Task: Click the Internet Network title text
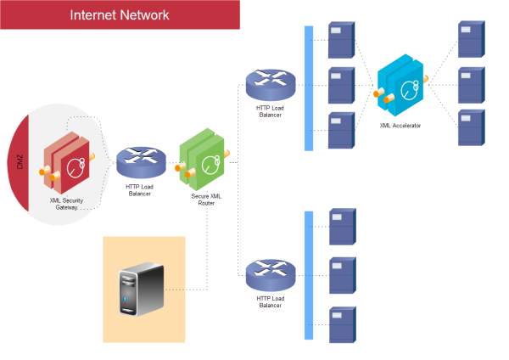pyautogui.click(x=119, y=15)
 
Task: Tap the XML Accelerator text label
pyautogui.click(x=400, y=125)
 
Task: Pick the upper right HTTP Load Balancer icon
pyautogui.click(x=269, y=83)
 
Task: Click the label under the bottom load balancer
pyautogui.click(x=269, y=301)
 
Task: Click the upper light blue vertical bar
pyautogui.click(x=309, y=88)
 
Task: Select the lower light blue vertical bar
pyautogui.click(x=309, y=276)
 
